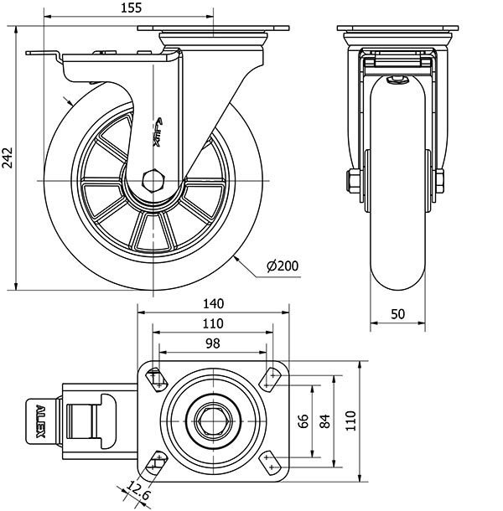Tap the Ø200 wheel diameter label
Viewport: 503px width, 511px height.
point(283,266)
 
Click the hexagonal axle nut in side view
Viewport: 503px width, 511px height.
point(155,180)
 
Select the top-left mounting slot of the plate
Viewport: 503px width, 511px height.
point(155,379)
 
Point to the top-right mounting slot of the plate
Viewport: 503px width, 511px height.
point(271,379)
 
